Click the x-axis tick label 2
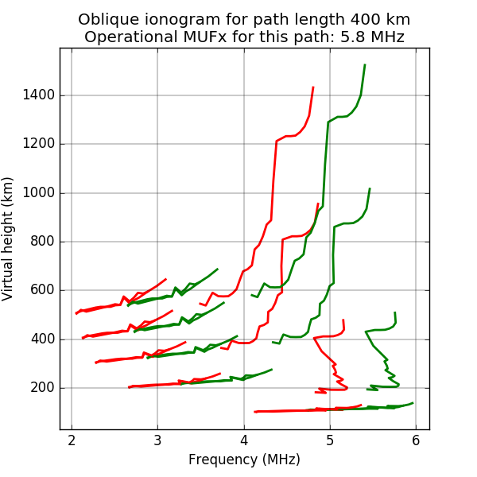72,440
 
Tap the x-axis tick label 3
157,440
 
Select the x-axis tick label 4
244,440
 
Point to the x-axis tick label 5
330,440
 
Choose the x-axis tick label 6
416,440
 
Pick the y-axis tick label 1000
40,193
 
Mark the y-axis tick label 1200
40,144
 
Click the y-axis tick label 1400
40,95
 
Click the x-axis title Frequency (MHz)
244,460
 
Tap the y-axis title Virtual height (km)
10,238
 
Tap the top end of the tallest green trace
365,65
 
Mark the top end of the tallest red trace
313,87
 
